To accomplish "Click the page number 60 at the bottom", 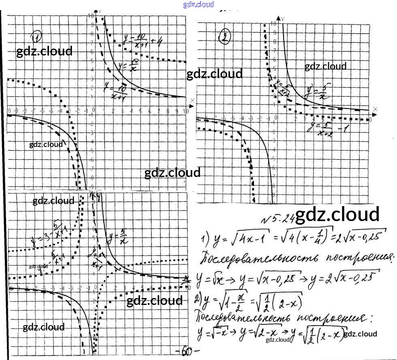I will point(186,351).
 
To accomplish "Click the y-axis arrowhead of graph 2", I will point(278,18).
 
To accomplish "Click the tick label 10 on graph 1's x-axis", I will point(186,111).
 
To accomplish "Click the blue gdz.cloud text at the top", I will point(198,4).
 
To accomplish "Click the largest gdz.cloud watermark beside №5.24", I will point(337,215).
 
